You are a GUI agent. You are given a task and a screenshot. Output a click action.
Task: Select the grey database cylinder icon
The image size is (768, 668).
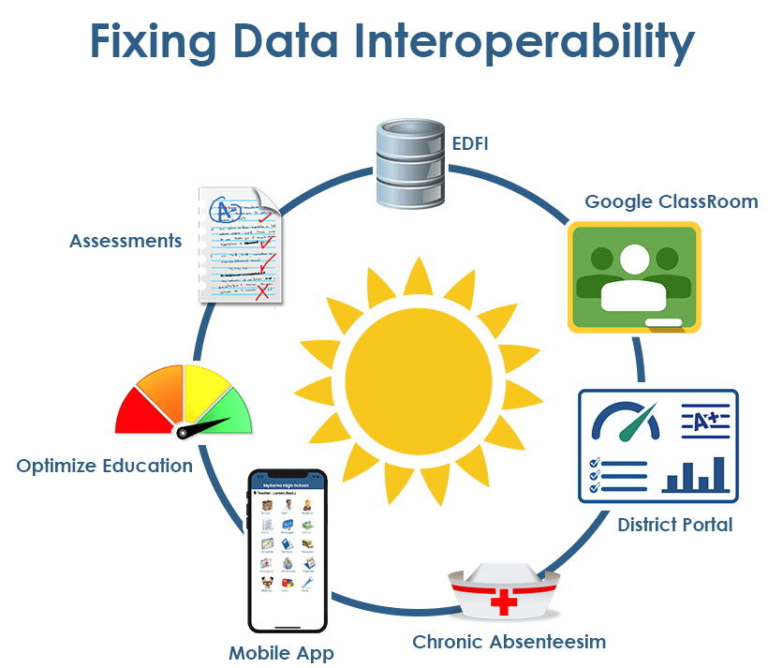(408, 162)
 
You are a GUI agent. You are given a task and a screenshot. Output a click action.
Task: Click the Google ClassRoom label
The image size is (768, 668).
(672, 201)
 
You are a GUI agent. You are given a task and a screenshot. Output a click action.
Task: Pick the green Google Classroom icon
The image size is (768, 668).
(634, 277)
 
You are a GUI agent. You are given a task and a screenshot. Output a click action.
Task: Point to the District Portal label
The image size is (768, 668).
(675, 525)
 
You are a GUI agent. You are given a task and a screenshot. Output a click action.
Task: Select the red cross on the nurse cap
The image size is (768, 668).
(505, 600)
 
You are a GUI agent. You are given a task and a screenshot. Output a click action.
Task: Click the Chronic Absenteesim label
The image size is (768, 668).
(510, 642)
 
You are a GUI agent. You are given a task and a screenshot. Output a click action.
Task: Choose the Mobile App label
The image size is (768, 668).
(281, 652)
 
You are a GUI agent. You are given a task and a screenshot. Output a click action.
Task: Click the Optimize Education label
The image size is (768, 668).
(105, 466)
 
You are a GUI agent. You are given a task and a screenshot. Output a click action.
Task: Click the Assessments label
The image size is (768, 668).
(126, 241)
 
